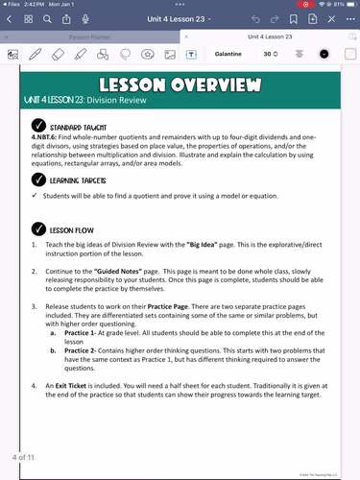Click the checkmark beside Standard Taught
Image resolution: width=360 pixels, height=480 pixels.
click(x=37, y=126)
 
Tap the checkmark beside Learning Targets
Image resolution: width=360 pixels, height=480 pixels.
click(x=37, y=180)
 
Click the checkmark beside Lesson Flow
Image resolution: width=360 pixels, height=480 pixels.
click(x=37, y=230)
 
